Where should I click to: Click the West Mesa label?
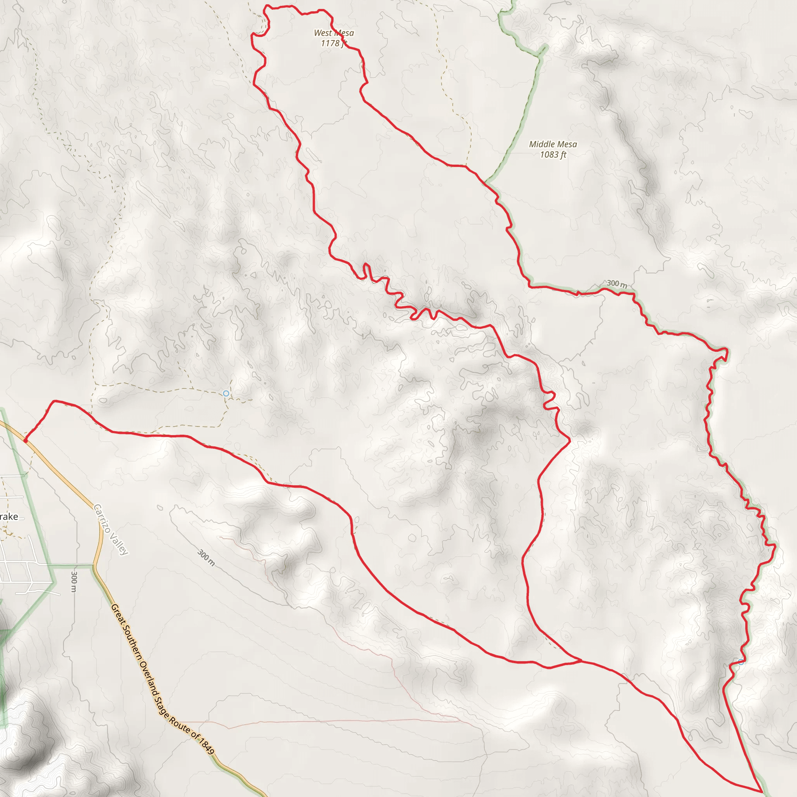(x=334, y=33)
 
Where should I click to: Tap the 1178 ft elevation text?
(x=334, y=43)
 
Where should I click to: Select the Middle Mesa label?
(x=553, y=144)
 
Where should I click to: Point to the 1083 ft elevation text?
(x=553, y=155)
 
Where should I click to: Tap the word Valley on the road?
(x=119, y=544)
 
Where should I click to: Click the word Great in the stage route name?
(x=118, y=614)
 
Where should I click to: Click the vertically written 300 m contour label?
(x=74, y=582)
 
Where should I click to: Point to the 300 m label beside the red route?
(x=617, y=284)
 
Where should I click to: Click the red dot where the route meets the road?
(x=26, y=441)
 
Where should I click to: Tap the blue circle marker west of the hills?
(x=226, y=393)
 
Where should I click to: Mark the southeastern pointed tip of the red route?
(x=762, y=792)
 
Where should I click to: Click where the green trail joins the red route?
(x=486, y=181)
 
